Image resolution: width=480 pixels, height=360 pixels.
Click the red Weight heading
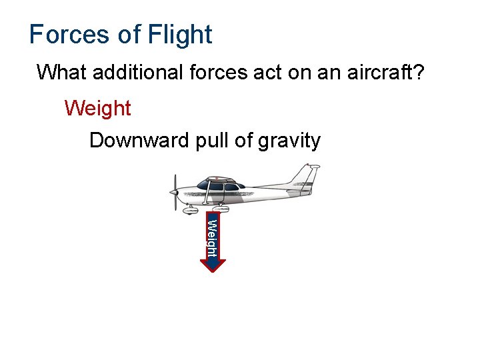pyautogui.click(x=98, y=108)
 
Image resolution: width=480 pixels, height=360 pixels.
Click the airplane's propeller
pyautogui.click(x=175, y=191)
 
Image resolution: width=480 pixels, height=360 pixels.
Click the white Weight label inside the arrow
pyautogui.click(x=211, y=237)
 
